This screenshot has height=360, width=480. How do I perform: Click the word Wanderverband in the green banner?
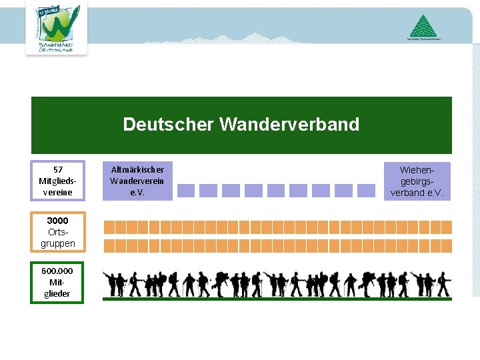coord(289,125)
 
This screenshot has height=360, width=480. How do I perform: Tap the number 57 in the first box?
coord(58,169)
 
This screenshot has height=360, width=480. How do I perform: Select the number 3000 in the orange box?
coord(57,221)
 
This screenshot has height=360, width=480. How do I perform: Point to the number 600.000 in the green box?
coord(57,271)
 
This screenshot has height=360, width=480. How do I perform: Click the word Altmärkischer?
coord(137,169)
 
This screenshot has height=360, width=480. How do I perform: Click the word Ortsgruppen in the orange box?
coord(57,238)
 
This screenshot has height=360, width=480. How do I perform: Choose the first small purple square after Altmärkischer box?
coord(187,191)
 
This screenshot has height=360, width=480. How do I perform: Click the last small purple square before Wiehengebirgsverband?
coord(366,191)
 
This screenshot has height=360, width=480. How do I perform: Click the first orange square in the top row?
coord(110,227)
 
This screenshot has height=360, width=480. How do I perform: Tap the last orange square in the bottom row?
coord(446,245)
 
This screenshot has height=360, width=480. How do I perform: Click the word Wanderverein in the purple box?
coord(137,181)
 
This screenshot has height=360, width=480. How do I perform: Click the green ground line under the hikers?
coord(277,299)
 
